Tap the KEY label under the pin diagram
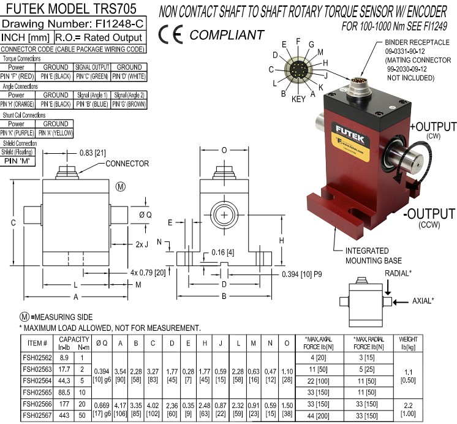[x=299, y=98]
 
